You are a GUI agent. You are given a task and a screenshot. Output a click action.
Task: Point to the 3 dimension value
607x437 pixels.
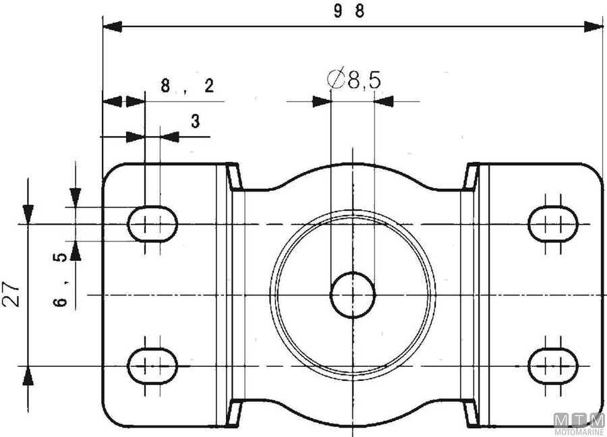point(195,121)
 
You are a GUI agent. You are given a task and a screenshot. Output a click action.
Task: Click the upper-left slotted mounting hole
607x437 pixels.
point(153,223)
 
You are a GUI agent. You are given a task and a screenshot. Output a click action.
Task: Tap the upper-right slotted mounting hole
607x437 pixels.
point(554,223)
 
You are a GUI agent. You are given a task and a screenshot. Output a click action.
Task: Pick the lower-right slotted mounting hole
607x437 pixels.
point(554,365)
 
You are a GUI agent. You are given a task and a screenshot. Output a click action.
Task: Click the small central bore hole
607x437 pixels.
point(353,295)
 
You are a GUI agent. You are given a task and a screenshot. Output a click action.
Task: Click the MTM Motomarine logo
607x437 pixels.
point(579,424)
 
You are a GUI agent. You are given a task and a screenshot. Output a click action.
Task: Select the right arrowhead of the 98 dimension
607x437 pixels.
point(594,26)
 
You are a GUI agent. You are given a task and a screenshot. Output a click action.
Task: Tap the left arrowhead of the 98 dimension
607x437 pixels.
point(112,26)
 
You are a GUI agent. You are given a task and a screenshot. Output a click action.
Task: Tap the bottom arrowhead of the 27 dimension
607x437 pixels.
point(28,376)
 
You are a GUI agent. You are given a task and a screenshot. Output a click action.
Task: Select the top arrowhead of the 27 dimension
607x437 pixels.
point(28,213)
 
